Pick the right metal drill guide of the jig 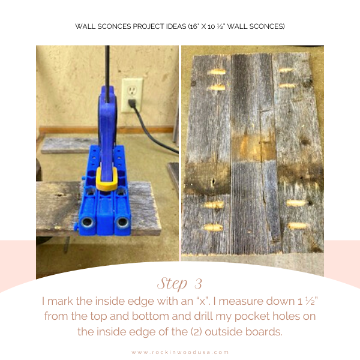click(x=123, y=223)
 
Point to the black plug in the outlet click(x=131, y=103)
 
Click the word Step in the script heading click(x=172, y=284)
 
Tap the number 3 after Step click(x=198, y=284)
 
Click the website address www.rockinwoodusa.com click(x=180, y=352)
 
